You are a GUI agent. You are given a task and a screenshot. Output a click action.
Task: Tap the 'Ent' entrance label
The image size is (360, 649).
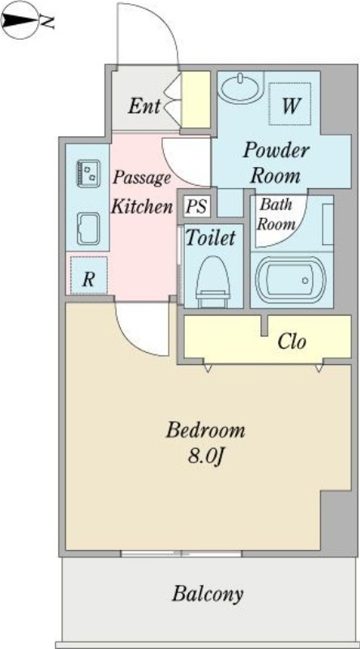click(x=144, y=106)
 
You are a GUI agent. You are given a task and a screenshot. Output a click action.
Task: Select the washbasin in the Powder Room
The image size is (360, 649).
click(x=241, y=88)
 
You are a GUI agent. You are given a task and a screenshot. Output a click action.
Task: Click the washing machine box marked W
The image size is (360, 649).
click(x=289, y=104)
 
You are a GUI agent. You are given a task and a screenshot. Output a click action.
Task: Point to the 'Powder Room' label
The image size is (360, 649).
click(x=276, y=163)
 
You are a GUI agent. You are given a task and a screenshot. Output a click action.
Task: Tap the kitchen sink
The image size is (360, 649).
click(x=88, y=229)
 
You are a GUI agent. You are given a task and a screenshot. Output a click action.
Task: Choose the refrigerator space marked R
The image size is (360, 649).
click(x=88, y=275)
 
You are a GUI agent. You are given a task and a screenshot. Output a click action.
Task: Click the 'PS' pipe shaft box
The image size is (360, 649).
click(x=196, y=206)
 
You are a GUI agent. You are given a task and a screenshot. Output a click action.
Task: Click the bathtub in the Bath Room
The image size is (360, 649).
click(x=291, y=280)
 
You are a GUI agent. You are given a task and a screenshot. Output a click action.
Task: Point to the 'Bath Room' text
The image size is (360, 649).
click(x=275, y=214)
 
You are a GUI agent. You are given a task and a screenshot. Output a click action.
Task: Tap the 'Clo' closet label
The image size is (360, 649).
click(x=292, y=342)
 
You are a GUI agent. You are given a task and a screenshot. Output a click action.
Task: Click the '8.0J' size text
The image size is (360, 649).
click(x=206, y=457)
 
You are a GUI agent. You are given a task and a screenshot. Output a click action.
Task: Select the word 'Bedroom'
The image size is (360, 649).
click(x=206, y=431)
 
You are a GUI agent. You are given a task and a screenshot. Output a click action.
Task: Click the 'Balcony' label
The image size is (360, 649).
click(x=208, y=595)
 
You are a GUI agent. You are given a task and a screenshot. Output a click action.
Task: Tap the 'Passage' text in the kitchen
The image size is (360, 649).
click(x=142, y=178)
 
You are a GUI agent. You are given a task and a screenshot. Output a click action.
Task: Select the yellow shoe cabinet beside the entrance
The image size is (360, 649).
click(x=195, y=99)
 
